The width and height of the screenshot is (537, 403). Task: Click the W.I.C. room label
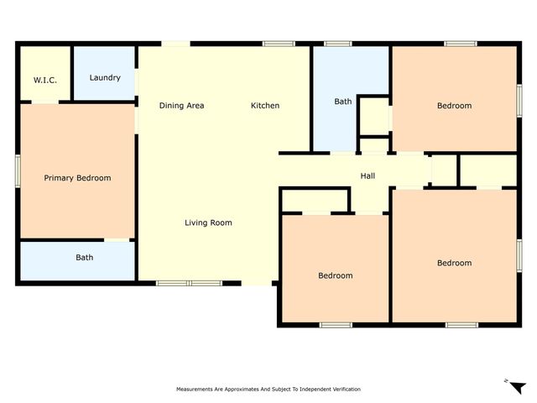(x=44, y=79)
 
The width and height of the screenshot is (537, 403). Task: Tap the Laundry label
(x=105, y=78)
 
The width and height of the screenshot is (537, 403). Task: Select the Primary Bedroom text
(x=77, y=178)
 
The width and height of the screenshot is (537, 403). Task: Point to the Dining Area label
(x=182, y=106)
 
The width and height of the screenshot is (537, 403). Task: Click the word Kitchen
(x=265, y=106)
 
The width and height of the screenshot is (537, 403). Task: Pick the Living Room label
(x=208, y=222)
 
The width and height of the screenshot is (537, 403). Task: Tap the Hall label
(x=368, y=176)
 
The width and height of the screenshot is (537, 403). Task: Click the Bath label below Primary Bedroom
(x=85, y=258)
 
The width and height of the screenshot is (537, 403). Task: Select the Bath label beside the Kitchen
(x=343, y=102)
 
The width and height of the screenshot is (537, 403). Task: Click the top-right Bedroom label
(x=454, y=106)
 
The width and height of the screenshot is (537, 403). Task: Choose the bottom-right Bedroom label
(x=454, y=263)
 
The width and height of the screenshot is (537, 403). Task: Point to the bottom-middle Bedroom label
(x=335, y=275)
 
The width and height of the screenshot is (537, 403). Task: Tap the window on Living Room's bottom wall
(x=188, y=283)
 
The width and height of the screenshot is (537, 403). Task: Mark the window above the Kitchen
(x=273, y=44)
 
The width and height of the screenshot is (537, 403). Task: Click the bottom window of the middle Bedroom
(x=335, y=324)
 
